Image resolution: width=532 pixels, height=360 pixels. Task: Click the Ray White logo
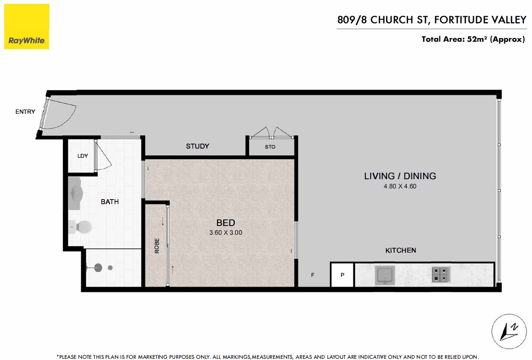pyautogui.click(x=26, y=26)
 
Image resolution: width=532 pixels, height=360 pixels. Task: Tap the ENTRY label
pyautogui.click(x=25, y=111)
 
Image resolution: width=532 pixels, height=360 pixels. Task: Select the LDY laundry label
pyautogui.click(x=83, y=156)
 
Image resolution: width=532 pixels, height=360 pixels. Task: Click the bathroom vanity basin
pyautogui.click(x=75, y=193)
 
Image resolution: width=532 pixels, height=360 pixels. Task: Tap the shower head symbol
pyautogui.click(x=98, y=268)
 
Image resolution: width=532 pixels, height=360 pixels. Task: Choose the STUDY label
pyautogui.click(x=197, y=146)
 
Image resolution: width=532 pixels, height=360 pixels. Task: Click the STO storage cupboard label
pyautogui.click(x=270, y=147)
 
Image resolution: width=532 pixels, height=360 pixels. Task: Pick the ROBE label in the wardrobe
pyautogui.click(x=157, y=246)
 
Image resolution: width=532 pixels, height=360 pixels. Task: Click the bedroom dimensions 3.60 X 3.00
pyautogui.click(x=226, y=232)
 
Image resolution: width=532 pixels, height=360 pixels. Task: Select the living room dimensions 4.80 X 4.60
pyautogui.click(x=400, y=186)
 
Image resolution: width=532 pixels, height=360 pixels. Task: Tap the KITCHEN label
pyautogui.click(x=401, y=250)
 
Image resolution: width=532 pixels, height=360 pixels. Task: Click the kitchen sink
pyautogui.click(x=385, y=275)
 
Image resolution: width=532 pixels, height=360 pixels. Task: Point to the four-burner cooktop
pyautogui.click(x=441, y=275)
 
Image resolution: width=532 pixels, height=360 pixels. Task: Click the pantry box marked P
pyautogui.click(x=342, y=275)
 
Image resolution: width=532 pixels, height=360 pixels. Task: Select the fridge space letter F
pyautogui.click(x=313, y=275)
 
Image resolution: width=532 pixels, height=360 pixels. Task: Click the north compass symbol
pyautogui.click(x=509, y=332)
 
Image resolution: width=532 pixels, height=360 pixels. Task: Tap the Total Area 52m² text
pyautogui.click(x=473, y=39)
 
